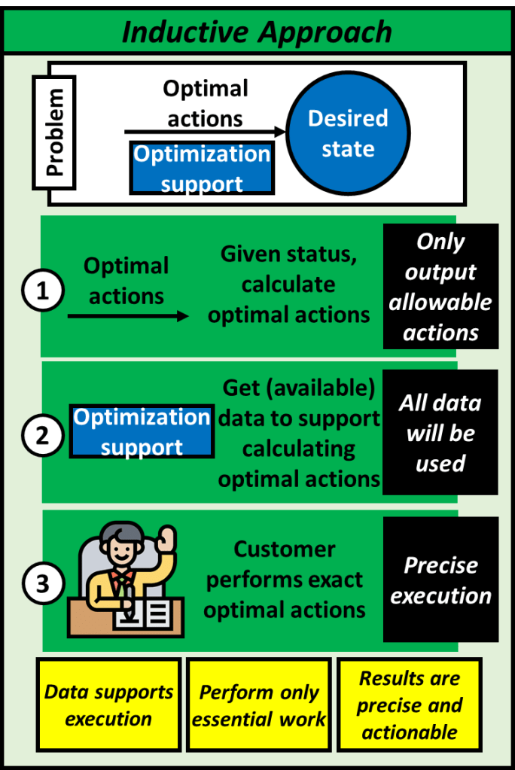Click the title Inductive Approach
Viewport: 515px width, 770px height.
(x=257, y=32)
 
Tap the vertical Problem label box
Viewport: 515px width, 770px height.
(x=55, y=132)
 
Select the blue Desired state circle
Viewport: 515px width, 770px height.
(x=348, y=133)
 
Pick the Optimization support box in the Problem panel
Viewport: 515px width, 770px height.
(x=202, y=168)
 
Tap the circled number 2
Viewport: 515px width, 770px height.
(x=42, y=435)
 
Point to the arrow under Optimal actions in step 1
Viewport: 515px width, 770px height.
(x=128, y=317)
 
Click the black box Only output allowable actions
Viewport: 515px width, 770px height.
(x=440, y=287)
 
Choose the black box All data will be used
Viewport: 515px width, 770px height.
(x=440, y=433)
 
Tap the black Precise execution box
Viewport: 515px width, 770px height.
(x=440, y=580)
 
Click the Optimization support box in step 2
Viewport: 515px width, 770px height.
(x=142, y=432)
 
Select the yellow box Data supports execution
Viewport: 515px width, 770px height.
(x=108, y=705)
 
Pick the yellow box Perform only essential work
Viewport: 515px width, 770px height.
(x=258, y=705)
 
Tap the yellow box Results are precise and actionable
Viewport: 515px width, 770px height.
(x=409, y=705)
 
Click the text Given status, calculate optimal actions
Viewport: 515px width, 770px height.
(x=289, y=285)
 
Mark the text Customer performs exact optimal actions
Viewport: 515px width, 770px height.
(x=285, y=580)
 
